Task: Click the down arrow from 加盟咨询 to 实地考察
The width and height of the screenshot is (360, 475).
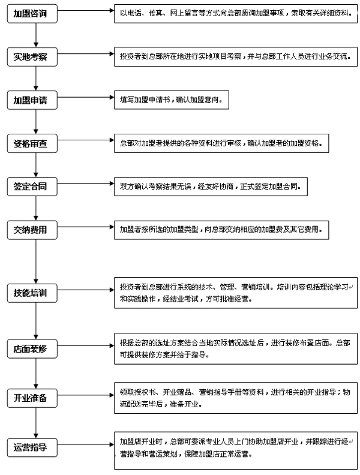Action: (x=36, y=36)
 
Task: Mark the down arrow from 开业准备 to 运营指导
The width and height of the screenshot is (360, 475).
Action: (x=36, y=422)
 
